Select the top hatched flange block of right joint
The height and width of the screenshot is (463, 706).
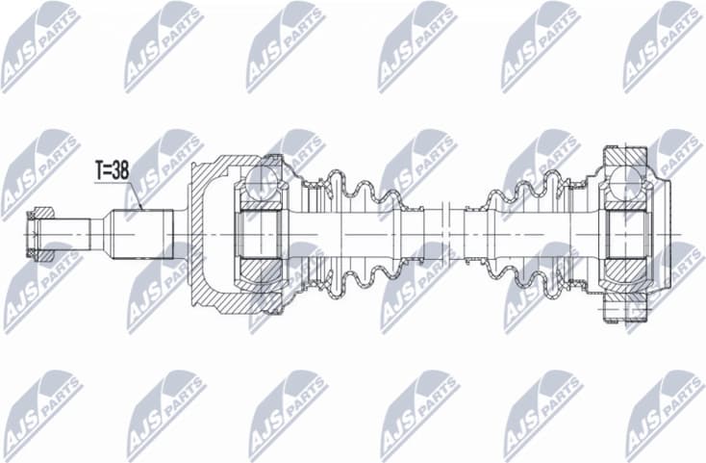pyautogui.click(x=625, y=156)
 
